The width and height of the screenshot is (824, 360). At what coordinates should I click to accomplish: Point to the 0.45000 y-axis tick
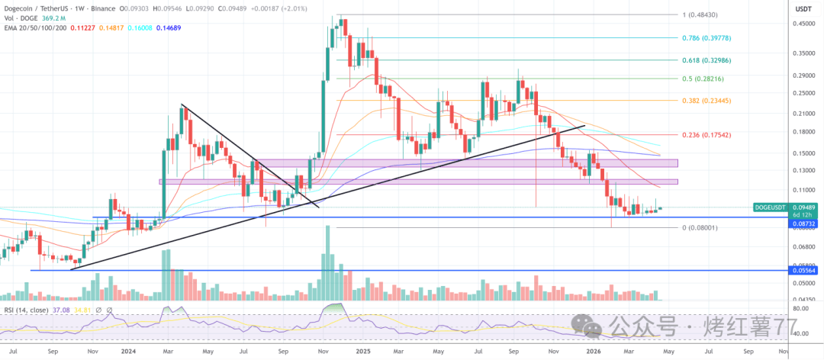tap(803, 24)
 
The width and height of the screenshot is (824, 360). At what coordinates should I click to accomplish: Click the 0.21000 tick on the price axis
tap(803, 114)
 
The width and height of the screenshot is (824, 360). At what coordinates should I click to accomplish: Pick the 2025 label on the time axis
tap(363, 352)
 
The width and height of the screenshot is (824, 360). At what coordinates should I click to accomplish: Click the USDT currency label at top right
tap(803, 9)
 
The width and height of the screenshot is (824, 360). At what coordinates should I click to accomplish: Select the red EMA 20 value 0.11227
tap(79, 27)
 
